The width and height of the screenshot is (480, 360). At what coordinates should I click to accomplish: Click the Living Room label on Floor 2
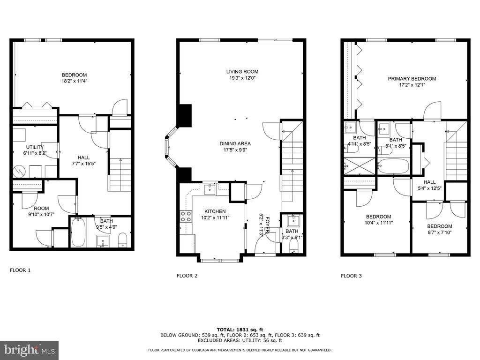[x=242, y=72]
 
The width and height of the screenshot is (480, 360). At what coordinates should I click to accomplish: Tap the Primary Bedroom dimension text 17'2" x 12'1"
[x=412, y=85]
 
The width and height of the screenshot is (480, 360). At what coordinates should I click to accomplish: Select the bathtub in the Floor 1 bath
[x=78, y=232]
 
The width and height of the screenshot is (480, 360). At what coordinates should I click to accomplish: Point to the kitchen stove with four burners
[x=186, y=216]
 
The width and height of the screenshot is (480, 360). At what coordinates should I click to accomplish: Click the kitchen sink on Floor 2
[x=210, y=189]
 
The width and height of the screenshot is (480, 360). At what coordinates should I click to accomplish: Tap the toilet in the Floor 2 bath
[x=294, y=246]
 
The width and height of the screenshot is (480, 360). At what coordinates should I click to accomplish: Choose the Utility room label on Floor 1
[x=35, y=147]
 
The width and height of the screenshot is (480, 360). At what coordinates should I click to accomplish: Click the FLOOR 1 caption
[x=20, y=270]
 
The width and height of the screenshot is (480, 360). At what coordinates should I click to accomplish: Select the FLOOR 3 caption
[x=351, y=276]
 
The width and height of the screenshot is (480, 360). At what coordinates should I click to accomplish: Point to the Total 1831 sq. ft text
[x=240, y=330]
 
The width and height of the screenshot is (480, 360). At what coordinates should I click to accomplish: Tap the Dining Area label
[x=235, y=143]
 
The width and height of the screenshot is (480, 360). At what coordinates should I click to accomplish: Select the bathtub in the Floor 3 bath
[x=394, y=166]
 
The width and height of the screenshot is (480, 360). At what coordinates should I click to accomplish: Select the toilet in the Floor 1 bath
[x=122, y=240]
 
